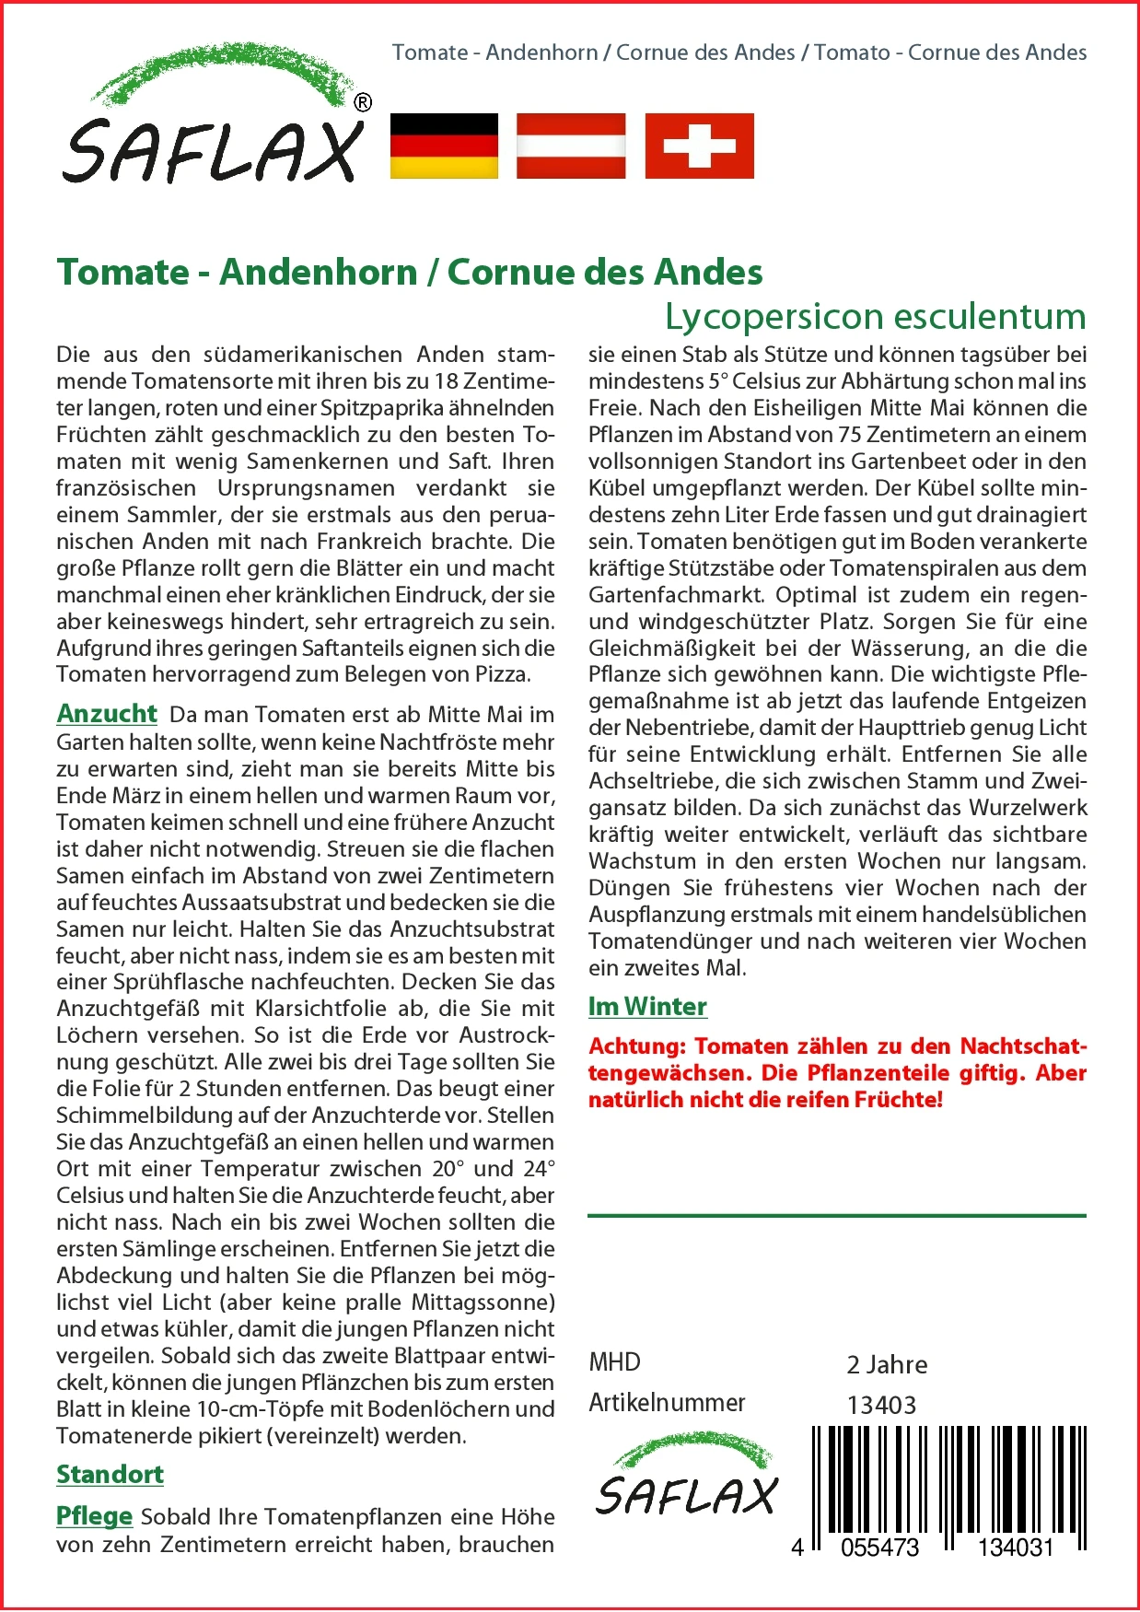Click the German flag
point(444,146)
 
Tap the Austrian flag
point(571,146)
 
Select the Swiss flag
point(699,146)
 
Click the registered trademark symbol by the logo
point(363,103)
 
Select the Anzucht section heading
point(107,714)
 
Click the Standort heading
point(110,1475)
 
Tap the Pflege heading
point(94,1516)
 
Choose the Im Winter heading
point(647,1007)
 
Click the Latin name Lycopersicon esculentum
point(876,316)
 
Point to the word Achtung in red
point(636,1046)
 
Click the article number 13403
point(881,1406)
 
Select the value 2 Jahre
point(887,1365)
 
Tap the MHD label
point(614,1362)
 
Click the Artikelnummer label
point(667,1403)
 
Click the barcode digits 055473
point(879,1548)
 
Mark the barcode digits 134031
point(1015,1548)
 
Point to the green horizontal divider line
point(836,1216)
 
